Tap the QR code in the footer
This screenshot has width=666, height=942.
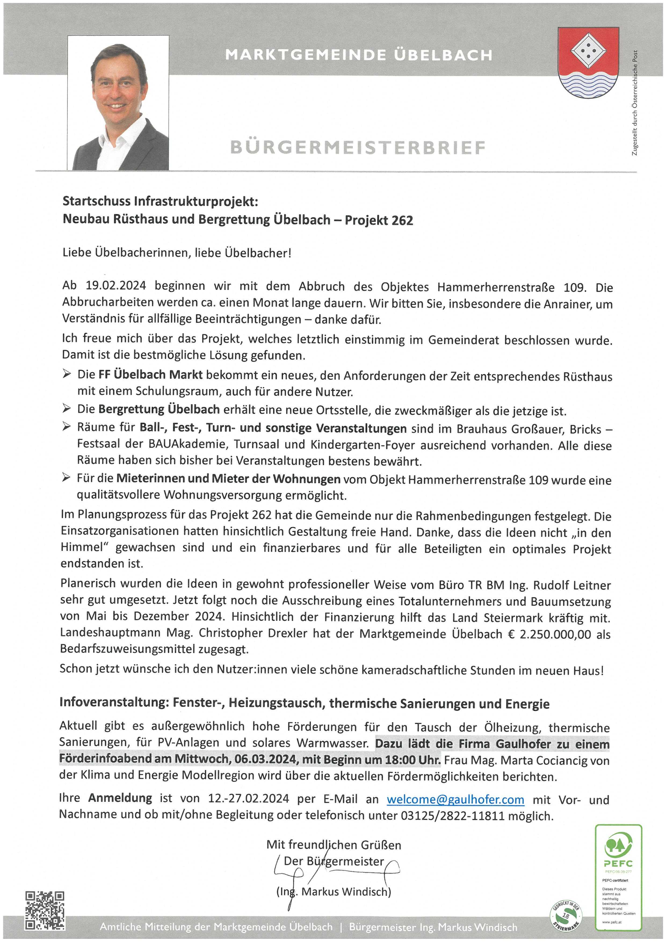click(45, 910)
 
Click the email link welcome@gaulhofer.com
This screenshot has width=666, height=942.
click(455, 799)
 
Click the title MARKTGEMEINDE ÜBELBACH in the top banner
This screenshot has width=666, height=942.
click(359, 55)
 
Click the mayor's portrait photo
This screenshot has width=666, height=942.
click(118, 103)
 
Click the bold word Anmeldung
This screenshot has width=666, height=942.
click(120, 798)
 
